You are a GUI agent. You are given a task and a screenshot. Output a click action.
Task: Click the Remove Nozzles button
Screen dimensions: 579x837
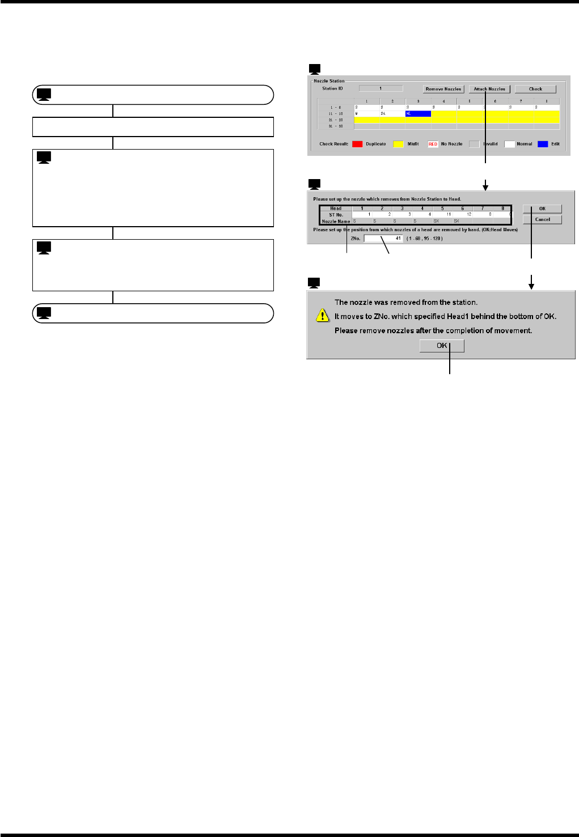pos(443,89)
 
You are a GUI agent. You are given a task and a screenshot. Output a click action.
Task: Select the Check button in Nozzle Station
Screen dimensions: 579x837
pos(535,89)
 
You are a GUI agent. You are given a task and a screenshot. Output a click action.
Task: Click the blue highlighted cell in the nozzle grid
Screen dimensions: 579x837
pos(418,113)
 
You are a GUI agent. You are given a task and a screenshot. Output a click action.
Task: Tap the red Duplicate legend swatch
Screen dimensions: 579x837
pos(357,144)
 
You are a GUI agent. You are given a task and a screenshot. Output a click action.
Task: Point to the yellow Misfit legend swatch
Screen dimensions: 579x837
pos(399,144)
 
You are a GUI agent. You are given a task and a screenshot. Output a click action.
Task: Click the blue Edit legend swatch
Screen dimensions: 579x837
pos(543,144)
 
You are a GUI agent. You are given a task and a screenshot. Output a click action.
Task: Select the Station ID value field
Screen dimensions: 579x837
pos(381,88)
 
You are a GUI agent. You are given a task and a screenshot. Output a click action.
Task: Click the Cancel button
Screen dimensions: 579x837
pos(542,219)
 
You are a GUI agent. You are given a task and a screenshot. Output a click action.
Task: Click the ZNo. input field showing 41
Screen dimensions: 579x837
pos(383,239)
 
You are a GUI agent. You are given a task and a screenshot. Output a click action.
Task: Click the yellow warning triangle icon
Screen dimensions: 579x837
pos(322,316)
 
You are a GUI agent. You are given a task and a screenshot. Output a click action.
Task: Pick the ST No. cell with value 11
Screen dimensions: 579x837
pos(442,215)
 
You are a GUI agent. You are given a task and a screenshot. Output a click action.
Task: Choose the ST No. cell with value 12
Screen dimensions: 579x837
pos(463,215)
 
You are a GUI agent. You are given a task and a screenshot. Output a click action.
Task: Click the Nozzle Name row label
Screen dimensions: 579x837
pos(336,221)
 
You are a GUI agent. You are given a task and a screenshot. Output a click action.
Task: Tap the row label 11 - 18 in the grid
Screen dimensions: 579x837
pos(336,113)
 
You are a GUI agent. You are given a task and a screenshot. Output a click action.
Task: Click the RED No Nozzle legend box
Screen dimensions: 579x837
pos(433,144)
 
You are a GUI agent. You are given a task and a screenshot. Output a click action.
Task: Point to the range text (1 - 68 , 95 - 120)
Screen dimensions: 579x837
pos(425,239)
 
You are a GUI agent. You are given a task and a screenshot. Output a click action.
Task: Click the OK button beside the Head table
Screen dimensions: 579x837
pos(542,209)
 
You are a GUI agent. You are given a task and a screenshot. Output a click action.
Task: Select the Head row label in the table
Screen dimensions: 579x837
pos(336,209)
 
